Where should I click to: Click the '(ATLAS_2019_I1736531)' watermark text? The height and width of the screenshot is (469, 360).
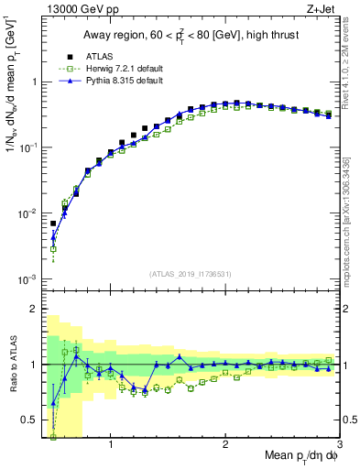[x=191, y=274]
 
